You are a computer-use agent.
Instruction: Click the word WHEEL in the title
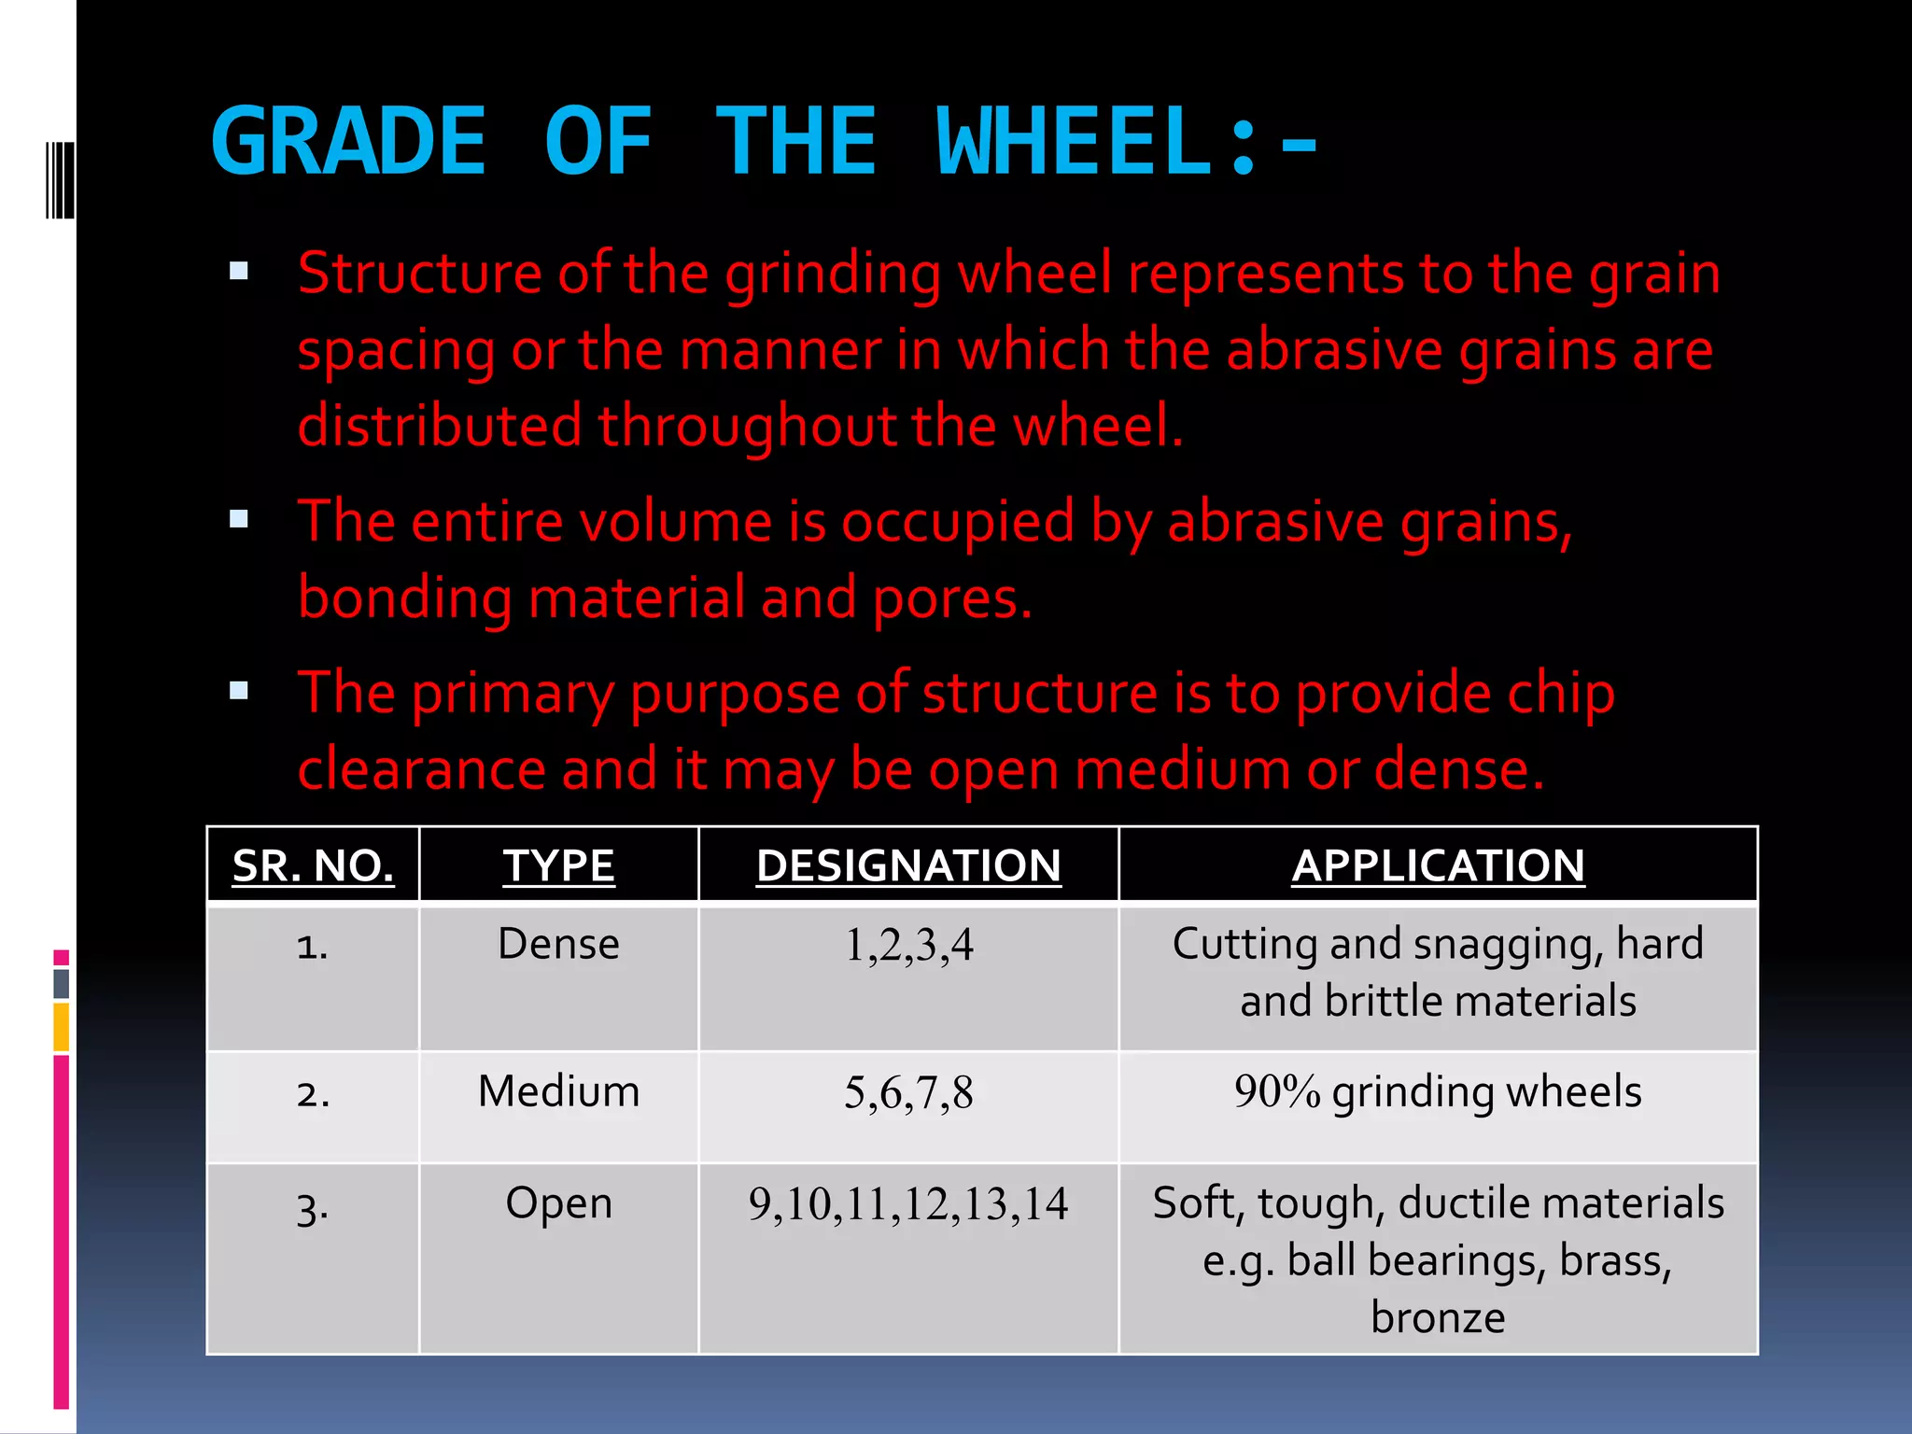click(1074, 142)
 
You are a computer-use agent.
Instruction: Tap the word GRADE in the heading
click(348, 142)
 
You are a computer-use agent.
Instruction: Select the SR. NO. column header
click(313, 865)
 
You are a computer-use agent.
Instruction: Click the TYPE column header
click(558, 865)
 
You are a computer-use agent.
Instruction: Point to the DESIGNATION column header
click(908, 865)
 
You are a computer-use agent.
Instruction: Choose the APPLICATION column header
click(1438, 865)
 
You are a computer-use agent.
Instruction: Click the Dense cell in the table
click(558, 944)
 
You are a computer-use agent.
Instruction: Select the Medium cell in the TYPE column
click(558, 1091)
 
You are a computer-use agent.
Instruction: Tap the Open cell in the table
click(558, 1203)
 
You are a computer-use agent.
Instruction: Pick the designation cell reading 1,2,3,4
click(908, 946)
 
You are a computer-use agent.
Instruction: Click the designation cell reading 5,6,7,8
click(908, 1093)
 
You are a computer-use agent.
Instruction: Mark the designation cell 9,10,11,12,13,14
click(908, 1204)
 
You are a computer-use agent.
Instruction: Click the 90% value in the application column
click(1276, 1091)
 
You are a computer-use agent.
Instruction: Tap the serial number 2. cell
click(313, 1093)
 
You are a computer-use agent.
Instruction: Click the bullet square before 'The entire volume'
click(239, 519)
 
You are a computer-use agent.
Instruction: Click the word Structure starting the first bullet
click(418, 274)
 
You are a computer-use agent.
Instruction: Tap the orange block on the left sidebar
click(62, 1027)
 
